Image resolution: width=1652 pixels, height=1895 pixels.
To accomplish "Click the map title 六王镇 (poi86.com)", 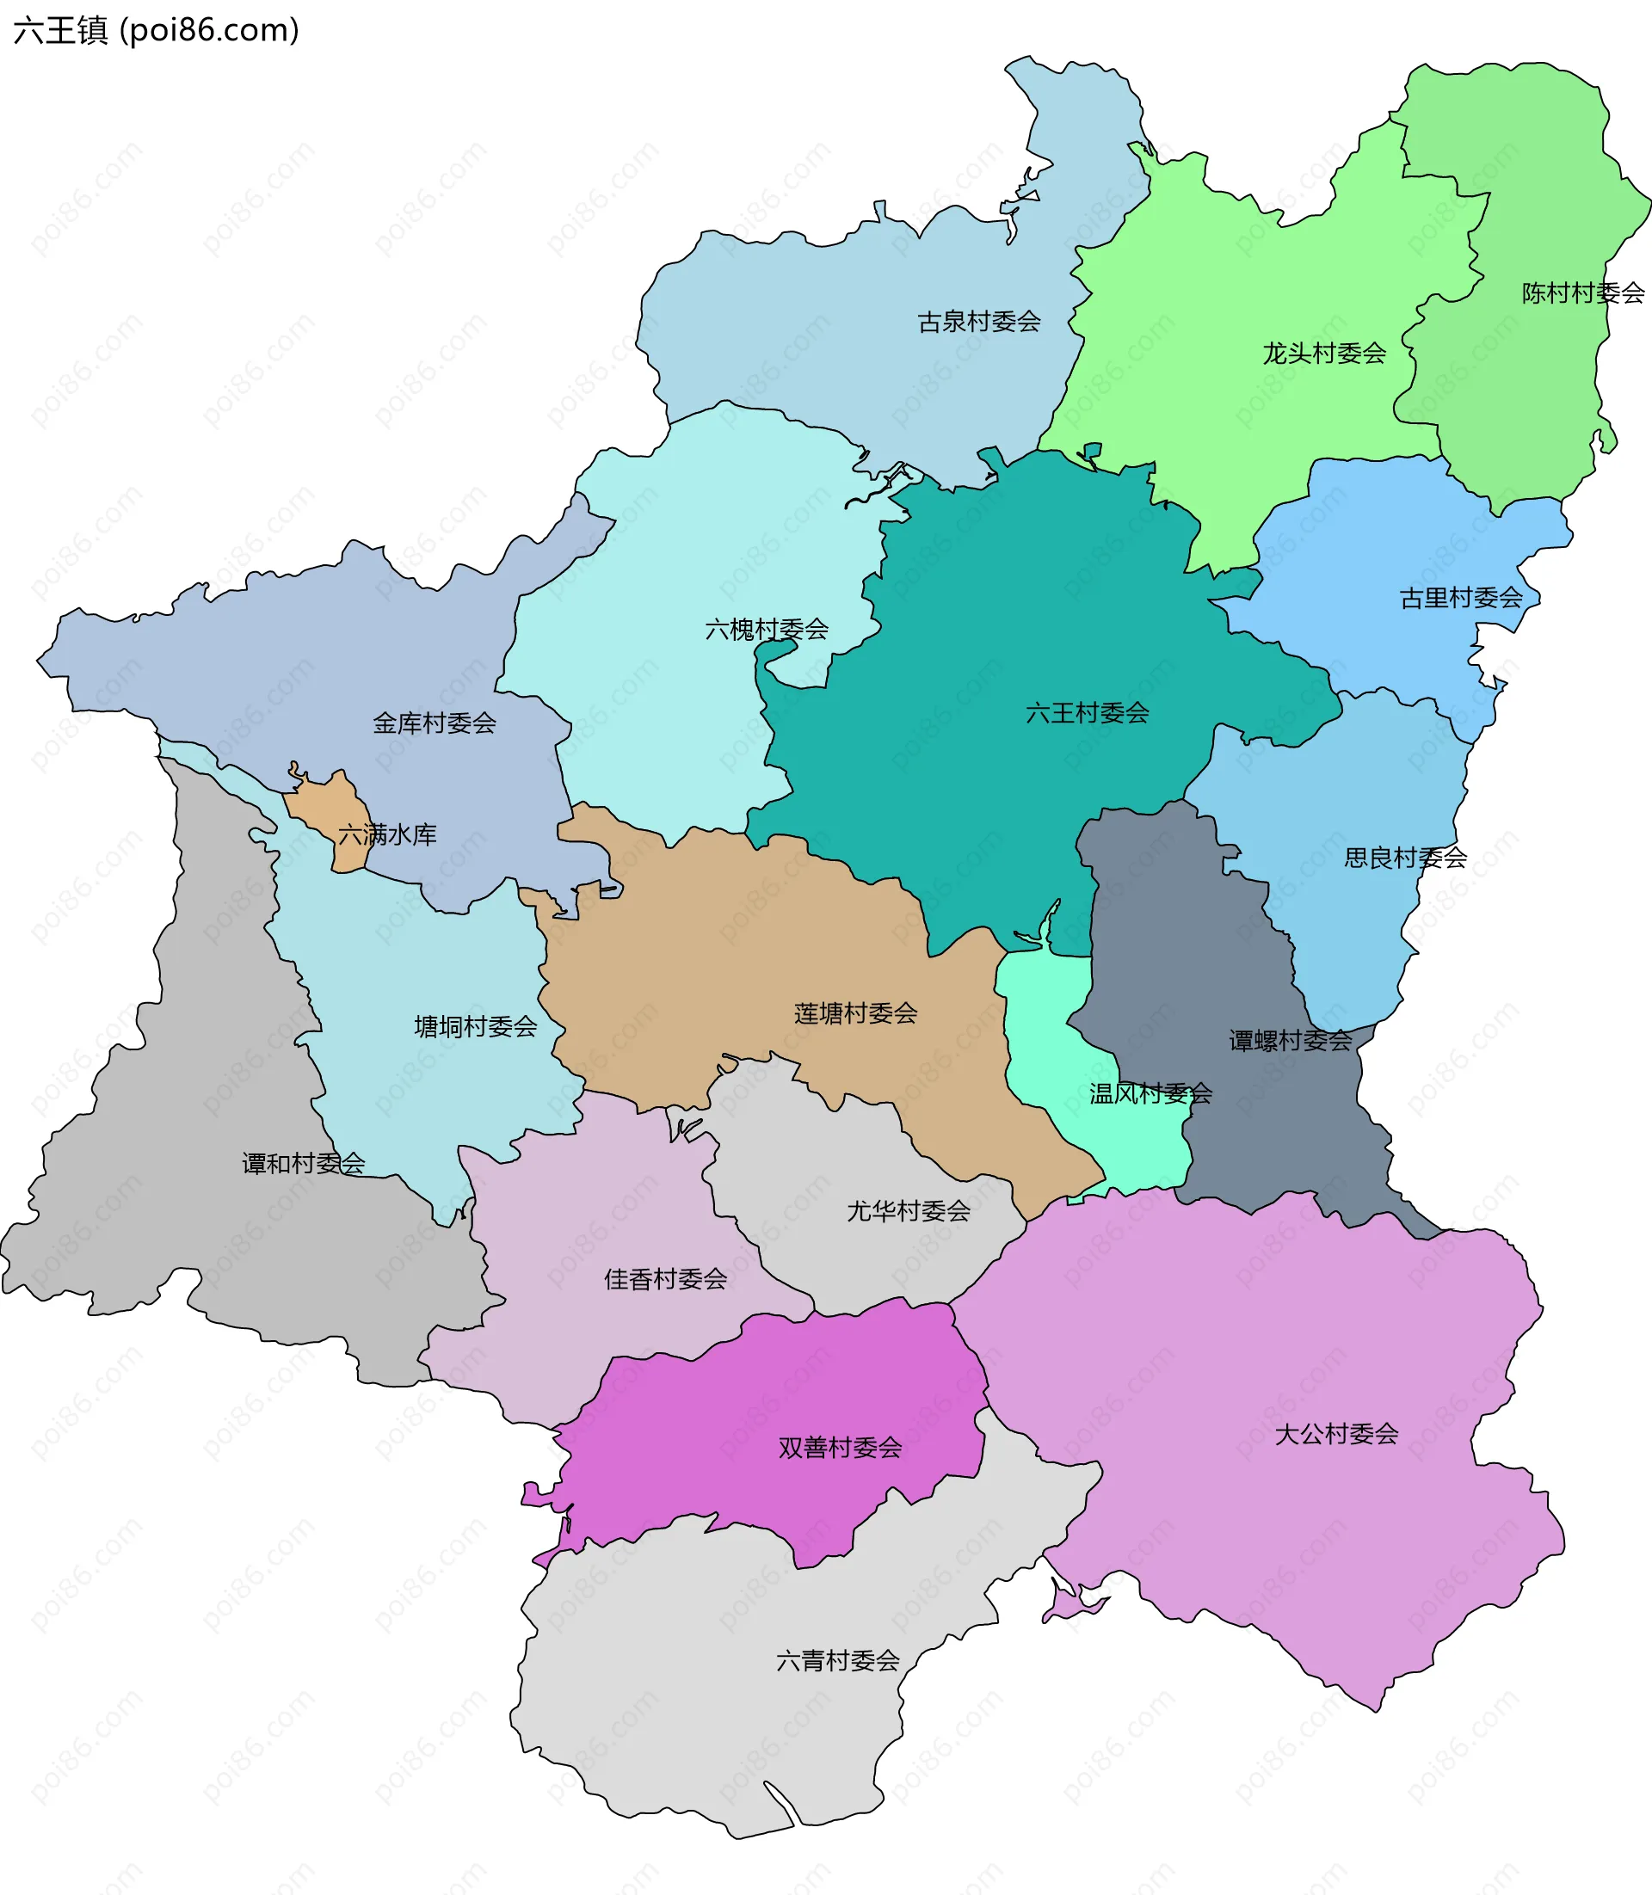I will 157,31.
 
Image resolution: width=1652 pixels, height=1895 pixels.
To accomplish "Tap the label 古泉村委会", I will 979,322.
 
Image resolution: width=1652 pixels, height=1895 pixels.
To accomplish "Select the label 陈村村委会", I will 1582,293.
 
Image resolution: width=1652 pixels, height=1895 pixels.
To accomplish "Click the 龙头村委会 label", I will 1324,353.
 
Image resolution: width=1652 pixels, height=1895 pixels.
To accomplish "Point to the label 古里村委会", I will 1461,598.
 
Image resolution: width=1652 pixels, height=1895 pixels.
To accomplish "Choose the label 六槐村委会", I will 766,630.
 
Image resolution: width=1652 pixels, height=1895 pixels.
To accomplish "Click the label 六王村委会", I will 1087,712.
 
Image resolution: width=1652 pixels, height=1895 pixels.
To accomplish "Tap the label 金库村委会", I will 435,723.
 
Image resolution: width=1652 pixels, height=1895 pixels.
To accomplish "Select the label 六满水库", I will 387,835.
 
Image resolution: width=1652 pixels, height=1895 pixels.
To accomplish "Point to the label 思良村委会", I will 1405,858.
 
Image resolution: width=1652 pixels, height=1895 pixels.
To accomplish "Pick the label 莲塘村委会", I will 855,1013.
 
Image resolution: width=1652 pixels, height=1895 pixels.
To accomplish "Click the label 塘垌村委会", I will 476,1026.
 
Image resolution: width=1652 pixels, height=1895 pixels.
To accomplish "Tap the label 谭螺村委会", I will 1290,1041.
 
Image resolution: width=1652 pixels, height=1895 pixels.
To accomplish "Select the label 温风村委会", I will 1150,1093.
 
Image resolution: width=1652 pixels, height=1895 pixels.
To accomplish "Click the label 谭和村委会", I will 303,1163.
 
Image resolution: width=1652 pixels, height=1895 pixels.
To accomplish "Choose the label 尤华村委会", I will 908,1210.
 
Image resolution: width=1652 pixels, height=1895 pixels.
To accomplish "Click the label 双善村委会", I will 840,1447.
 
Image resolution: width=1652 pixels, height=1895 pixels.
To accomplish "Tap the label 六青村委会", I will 837,1660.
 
